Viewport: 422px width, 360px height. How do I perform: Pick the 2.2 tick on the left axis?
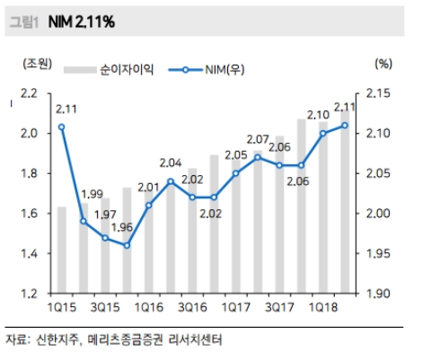(x=29, y=93)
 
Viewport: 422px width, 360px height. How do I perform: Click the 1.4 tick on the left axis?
(x=29, y=254)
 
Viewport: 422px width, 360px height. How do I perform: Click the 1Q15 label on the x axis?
(x=61, y=309)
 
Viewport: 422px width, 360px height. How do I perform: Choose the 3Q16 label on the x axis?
(x=193, y=309)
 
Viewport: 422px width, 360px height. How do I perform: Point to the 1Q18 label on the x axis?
(x=324, y=309)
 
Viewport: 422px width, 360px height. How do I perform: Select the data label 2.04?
(x=171, y=163)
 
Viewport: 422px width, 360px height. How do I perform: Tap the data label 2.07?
(x=258, y=139)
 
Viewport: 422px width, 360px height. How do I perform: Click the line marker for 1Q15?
(x=62, y=127)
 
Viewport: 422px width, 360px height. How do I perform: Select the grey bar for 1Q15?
(x=62, y=251)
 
